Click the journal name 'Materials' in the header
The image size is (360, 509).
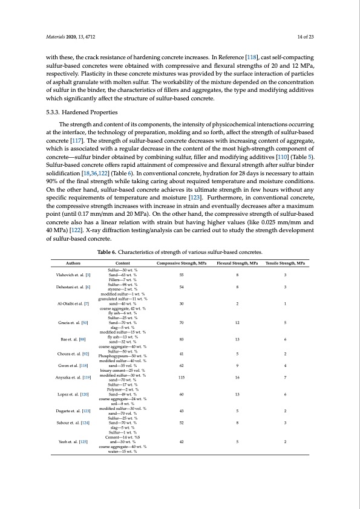[x=57, y=37]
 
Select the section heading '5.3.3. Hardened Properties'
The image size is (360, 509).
[x=82, y=113]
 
